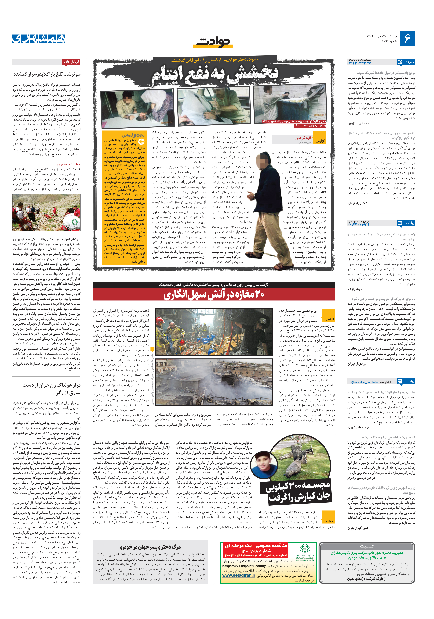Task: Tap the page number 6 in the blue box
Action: (x=407, y=39)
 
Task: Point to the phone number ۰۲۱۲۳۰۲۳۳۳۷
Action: (x=359, y=63)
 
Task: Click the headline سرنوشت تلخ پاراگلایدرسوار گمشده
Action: (x=47, y=74)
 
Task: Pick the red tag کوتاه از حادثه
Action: (x=71, y=62)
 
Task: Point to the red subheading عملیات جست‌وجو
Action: (x=69, y=164)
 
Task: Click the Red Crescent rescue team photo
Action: (x=46, y=213)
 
